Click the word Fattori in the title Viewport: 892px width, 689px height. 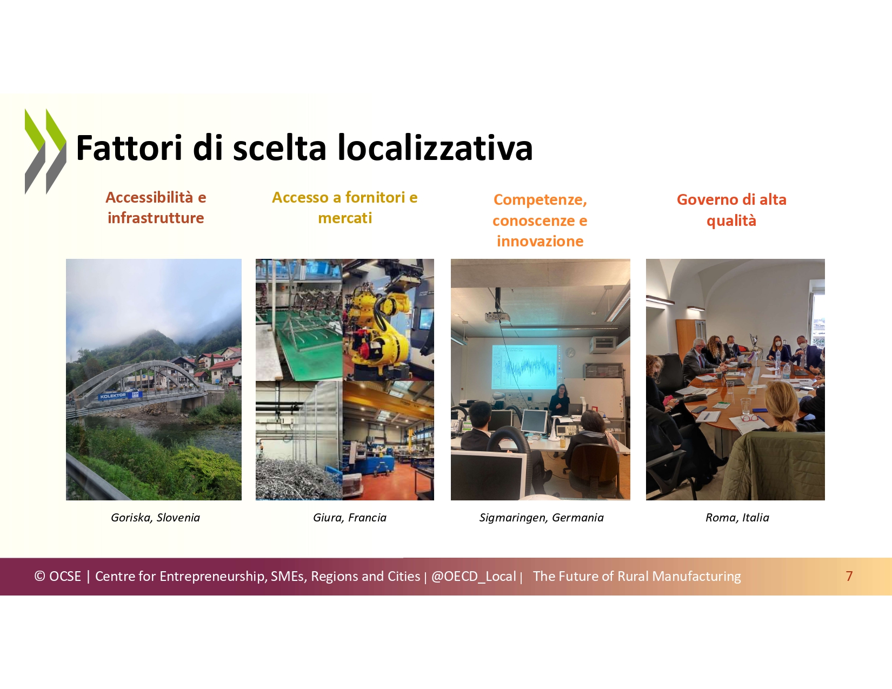click(x=129, y=148)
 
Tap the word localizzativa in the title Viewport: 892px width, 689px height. click(x=435, y=148)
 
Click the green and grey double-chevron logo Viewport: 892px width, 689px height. click(x=45, y=151)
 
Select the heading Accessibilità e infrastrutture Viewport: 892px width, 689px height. click(x=156, y=208)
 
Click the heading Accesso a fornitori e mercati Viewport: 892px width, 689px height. click(x=345, y=208)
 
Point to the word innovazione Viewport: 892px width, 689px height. click(x=540, y=242)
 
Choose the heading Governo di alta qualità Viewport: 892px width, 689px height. click(x=731, y=210)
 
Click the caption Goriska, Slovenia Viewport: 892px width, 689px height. click(x=155, y=518)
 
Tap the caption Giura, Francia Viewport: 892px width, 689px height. click(x=350, y=518)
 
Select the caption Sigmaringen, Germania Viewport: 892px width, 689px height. click(x=542, y=518)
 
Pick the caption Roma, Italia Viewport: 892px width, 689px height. click(x=737, y=518)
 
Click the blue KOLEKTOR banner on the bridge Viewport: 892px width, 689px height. click(x=120, y=396)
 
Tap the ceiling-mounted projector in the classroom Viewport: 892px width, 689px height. click(x=497, y=316)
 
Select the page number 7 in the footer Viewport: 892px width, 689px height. click(x=849, y=576)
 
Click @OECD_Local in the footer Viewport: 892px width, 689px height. click(x=474, y=577)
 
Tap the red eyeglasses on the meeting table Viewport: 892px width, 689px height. click(x=750, y=418)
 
